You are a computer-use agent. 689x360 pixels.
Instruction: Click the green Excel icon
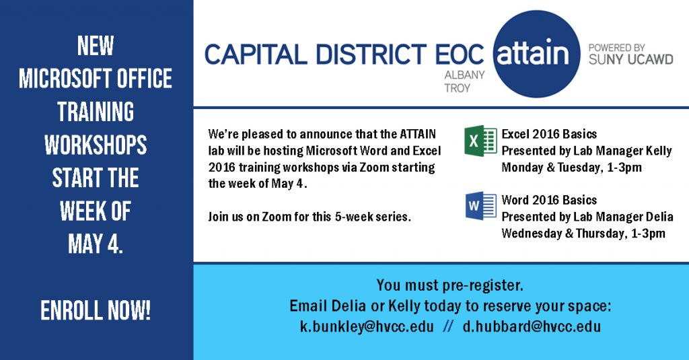pyautogui.click(x=480, y=141)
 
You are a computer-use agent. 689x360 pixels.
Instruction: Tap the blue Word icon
pyautogui.click(x=480, y=206)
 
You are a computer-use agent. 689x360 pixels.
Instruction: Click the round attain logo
pyautogui.click(x=536, y=54)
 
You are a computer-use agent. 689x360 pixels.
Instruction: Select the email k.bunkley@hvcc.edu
pyautogui.click(x=367, y=326)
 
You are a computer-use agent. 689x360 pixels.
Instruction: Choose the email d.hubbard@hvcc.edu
pyautogui.click(x=532, y=326)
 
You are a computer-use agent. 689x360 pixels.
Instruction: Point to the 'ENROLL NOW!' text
pyautogui.click(x=96, y=311)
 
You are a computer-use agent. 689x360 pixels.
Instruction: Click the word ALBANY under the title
pyautogui.click(x=464, y=75)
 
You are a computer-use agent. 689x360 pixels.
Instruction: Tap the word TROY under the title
pyautogui.click(x=457, y=88)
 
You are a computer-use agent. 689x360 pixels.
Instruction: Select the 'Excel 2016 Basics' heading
pyautogui.click(x=549, y=134)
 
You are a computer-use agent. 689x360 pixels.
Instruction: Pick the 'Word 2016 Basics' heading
pyautogui.click(x=549, y=200)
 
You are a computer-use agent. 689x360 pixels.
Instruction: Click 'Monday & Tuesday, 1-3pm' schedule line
pyautogui.click(x=572, y=168)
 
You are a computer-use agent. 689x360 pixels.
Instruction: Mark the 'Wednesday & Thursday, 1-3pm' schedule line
pyautogui.click(x=583, y=233)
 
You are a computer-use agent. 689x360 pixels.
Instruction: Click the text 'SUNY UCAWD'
pyautogui.click(x=631, y=59)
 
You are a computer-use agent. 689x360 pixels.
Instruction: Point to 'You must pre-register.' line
pyautogui.click(x=449, y=286)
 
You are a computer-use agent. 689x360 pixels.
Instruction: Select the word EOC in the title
pyautogui.click(x=459, y=55)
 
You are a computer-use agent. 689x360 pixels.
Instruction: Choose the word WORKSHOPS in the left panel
pyautogui.click(x=96, y=145)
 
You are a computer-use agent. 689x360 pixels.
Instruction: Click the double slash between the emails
pyautogui.click(x=448, y=326)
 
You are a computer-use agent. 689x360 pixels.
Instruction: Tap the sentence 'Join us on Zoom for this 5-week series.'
pyautogui.click(x=310, y=217)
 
